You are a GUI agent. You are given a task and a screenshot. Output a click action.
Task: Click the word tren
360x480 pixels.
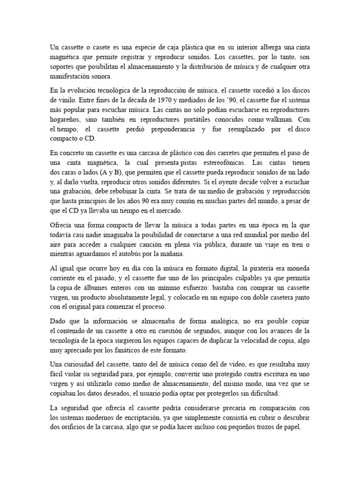pos(293,244)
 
